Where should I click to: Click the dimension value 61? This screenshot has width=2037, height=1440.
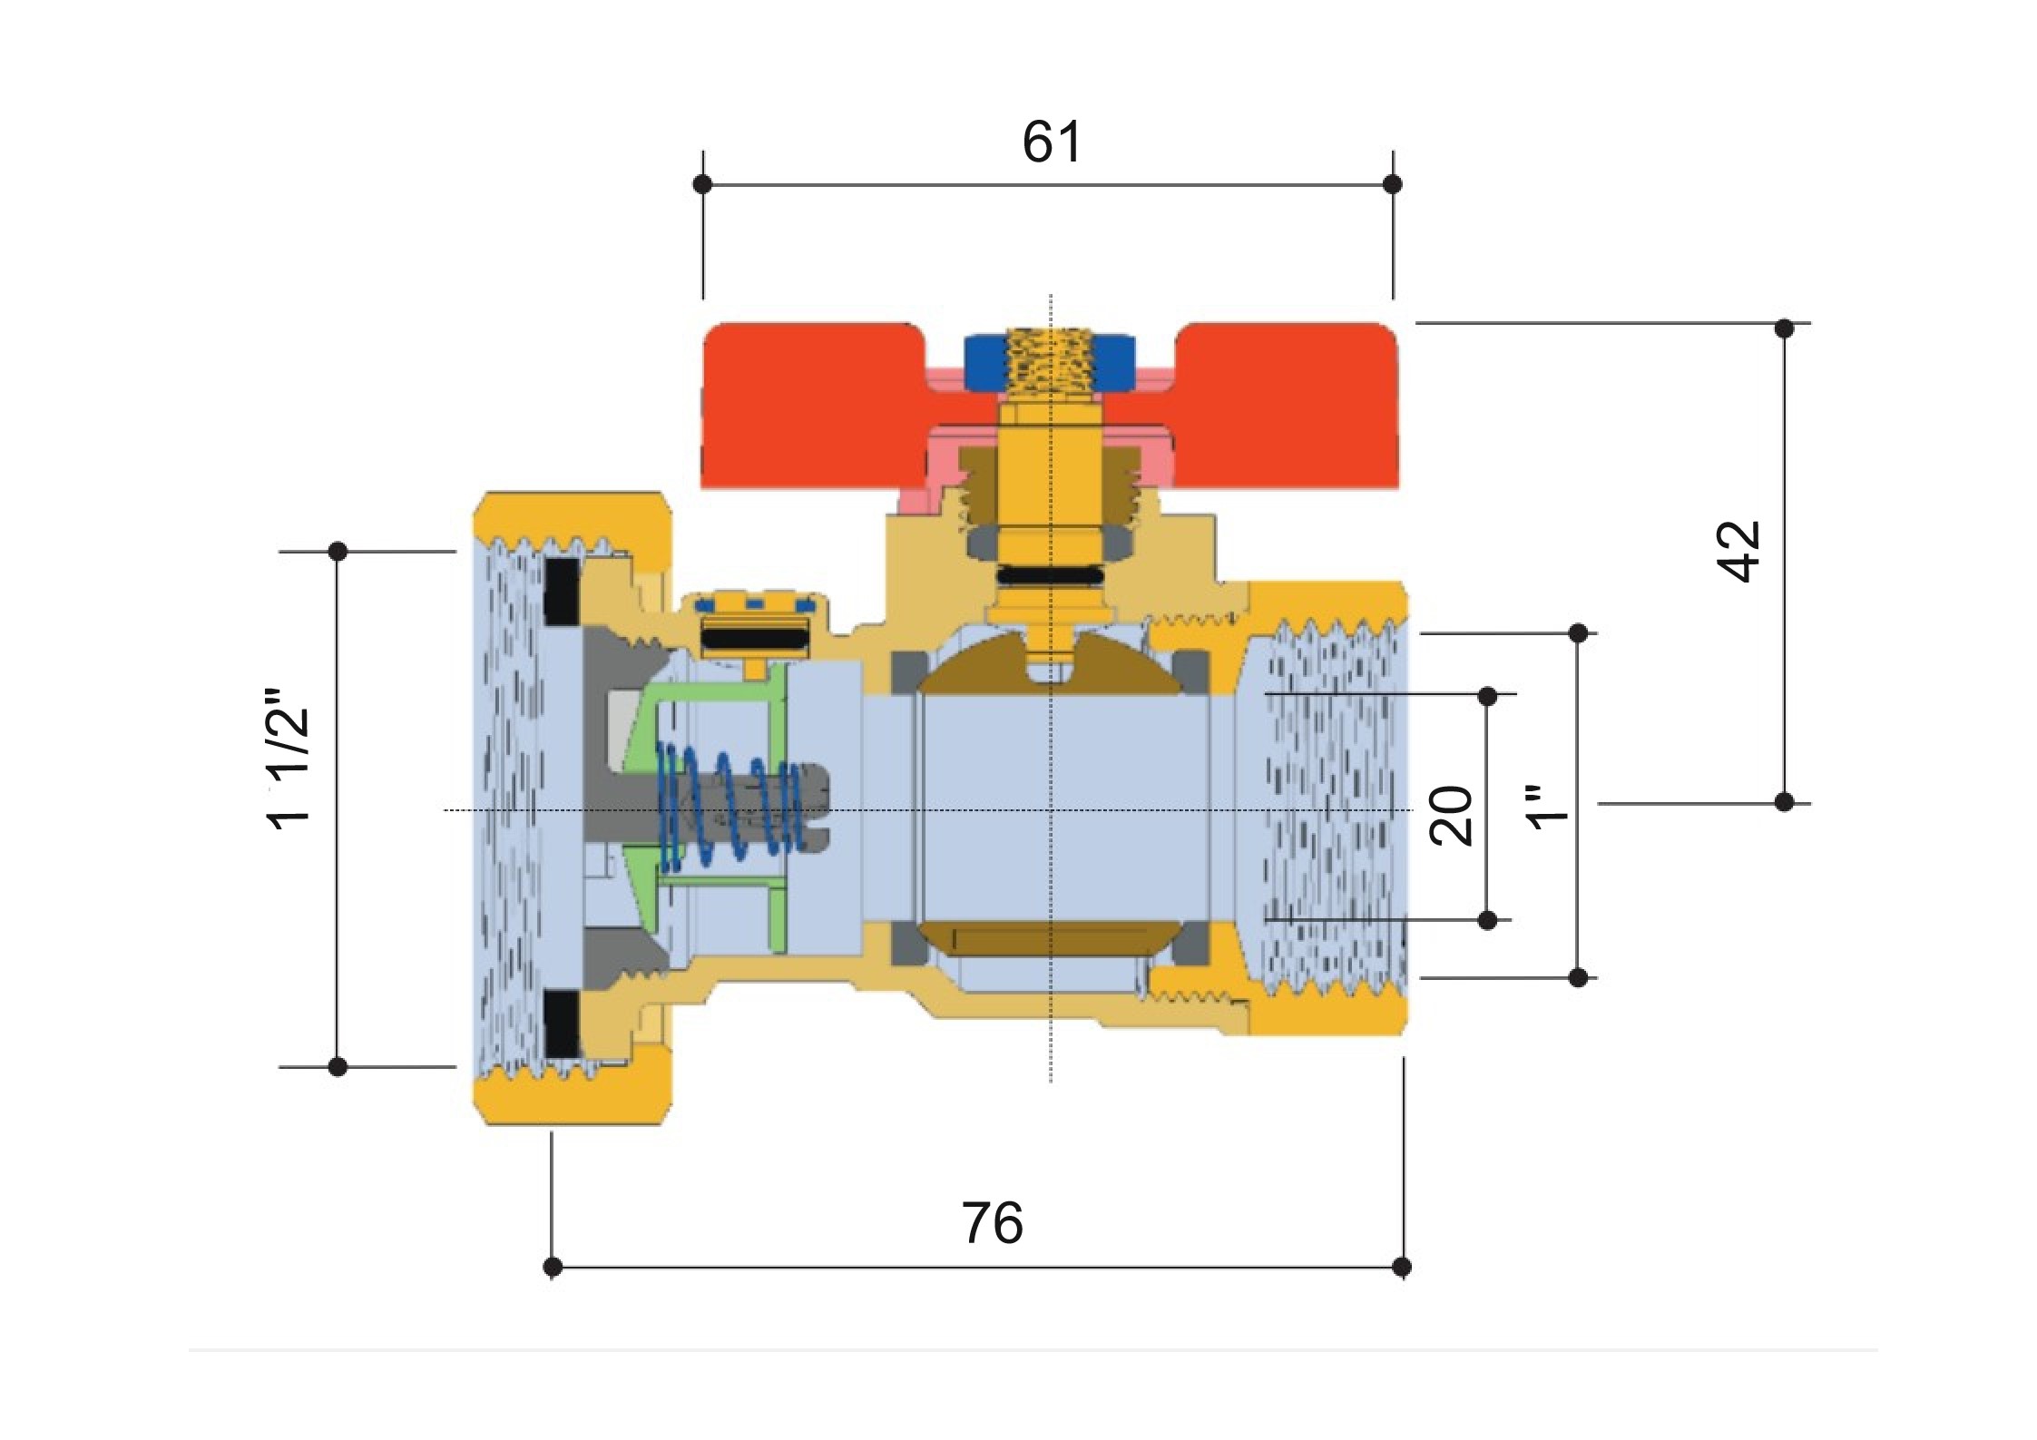1051,142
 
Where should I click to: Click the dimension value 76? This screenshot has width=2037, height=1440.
992,1224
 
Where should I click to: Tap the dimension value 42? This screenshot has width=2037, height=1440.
1738,551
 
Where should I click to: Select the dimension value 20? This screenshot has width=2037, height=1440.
1451,815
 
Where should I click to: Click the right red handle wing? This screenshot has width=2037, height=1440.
1288,399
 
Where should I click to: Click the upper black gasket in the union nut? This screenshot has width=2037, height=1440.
563,592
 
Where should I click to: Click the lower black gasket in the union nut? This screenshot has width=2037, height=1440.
563,1024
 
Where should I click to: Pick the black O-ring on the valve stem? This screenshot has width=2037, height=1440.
1050,575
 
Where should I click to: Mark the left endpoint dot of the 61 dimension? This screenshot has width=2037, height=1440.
702,184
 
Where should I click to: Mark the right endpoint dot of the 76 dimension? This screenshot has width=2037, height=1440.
1402,1266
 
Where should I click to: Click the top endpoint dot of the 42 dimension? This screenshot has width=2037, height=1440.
1784,328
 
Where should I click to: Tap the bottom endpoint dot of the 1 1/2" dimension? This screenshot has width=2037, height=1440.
338,1066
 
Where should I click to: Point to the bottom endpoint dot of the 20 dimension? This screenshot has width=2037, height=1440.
1487,920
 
